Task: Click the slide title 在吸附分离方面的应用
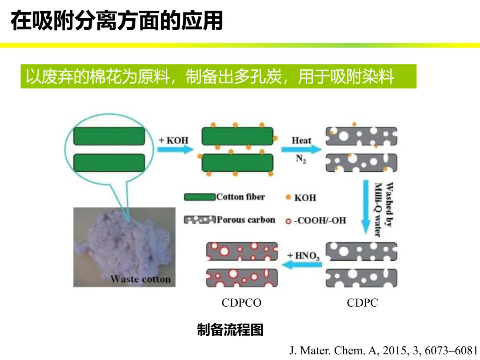[x=116, y=21]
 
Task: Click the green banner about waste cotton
[x=218, y=76]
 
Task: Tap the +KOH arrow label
[x=174, y=140]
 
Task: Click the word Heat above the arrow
[x=301, y=140]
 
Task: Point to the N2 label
[x=301, y=159]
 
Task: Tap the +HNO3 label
[x=303, y=256]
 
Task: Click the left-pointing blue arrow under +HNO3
[x=303, y=265]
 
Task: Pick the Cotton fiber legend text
[x=240, y=197]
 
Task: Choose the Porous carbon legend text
[x=246, y=220]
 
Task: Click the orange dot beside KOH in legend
[x=288, y=197]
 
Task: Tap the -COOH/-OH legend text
[x=319, y=220]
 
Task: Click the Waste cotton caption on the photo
[x=140, y=279]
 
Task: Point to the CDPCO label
[x=241, y=303]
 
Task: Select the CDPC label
[x=362, y=303]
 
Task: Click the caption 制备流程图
[x=230, y=330]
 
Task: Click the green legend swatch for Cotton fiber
[x=200, y=197]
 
